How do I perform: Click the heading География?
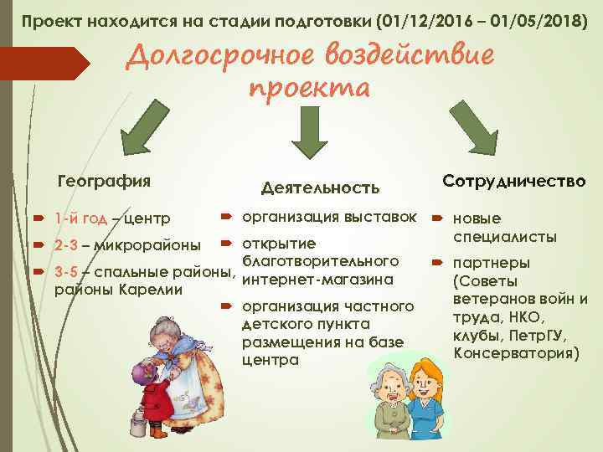(103, 181)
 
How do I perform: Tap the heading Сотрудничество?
(514, 181)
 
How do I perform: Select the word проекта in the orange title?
(309, 87)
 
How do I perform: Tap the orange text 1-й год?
(80, 219)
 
